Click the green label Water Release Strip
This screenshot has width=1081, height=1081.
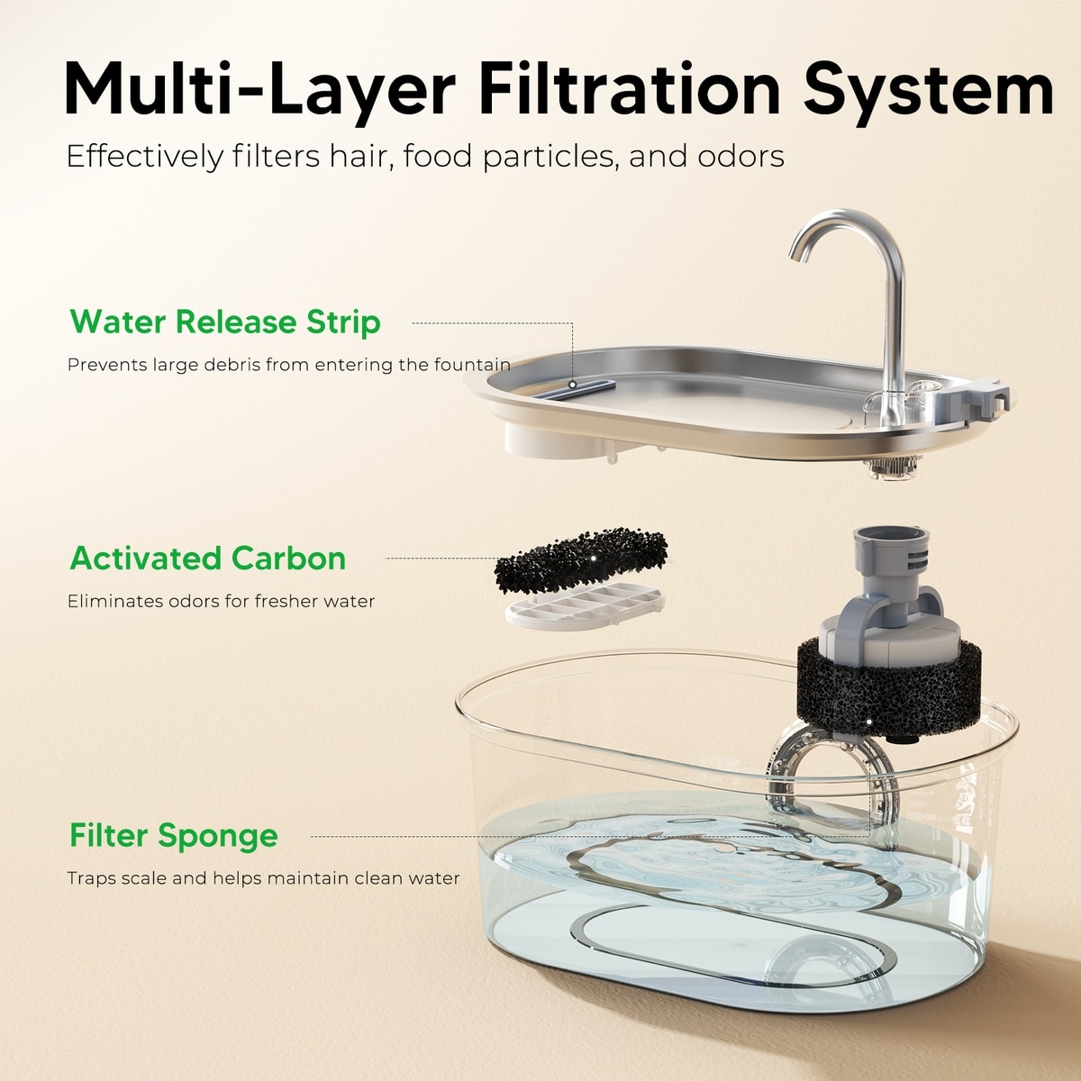[x=225, y=322]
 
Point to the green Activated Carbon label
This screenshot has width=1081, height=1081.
[x=207, y=559]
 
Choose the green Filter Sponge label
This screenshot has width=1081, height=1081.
[x=173, y=836]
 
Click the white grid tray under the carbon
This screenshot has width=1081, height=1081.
[x=585, y=607]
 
